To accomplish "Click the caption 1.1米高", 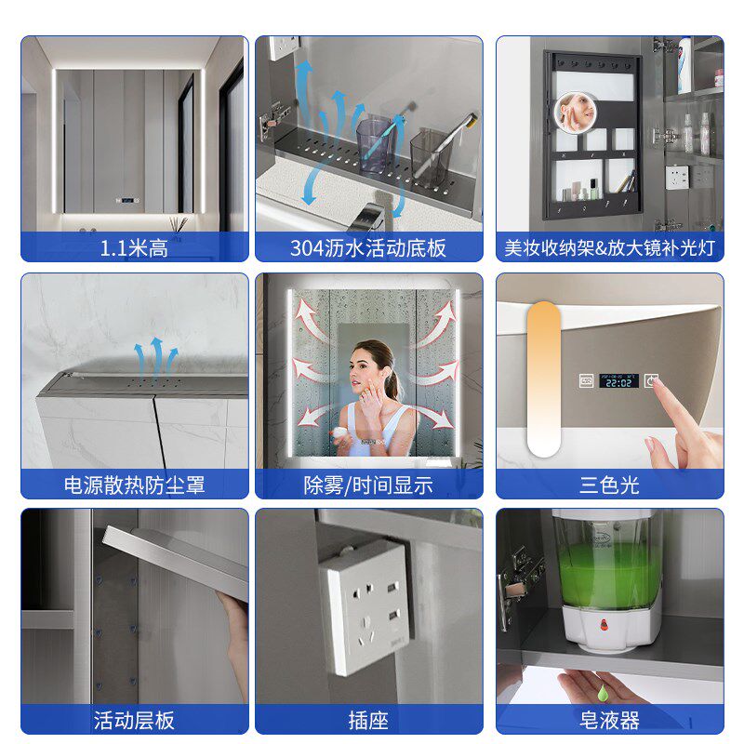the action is click(134, 247).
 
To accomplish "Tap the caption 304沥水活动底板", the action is click(368, 247).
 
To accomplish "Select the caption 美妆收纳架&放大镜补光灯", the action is click(609, 247).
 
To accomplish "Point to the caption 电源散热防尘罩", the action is click(134, 485).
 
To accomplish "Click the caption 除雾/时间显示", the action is click(368, 485).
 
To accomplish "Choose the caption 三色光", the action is click(609, 485).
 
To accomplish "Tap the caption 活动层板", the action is click(134, 720).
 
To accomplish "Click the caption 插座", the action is click(368, 720).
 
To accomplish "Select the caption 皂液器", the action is click(609, 720).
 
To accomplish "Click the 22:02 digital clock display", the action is click(618, 381).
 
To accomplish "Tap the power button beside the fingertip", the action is click(650, 380).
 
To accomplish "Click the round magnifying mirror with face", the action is click(576, 113).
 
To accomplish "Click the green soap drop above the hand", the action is click(602, 692).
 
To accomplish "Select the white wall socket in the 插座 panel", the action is click(365, 607).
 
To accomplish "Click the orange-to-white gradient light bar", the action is click(544, 379).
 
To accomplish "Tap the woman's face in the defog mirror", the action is click(365, 367).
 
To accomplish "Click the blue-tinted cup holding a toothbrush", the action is click(376, 144).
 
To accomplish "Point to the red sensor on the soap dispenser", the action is click(604, 624).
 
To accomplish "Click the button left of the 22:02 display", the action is click(587, 380).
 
